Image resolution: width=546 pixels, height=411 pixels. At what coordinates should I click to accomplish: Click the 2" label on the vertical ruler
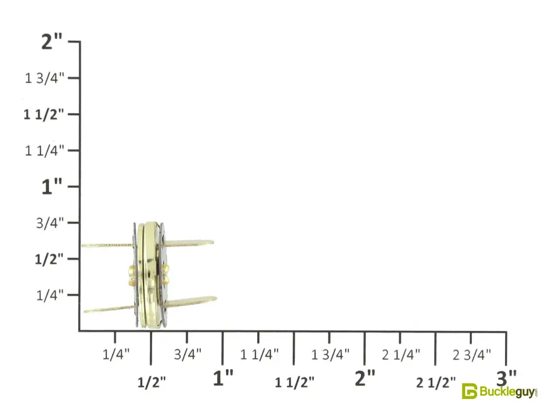click(51, 41)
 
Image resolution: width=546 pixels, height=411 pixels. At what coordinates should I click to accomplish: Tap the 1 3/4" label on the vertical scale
click(44, 78)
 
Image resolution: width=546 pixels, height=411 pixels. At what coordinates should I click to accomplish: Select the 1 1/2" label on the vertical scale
click(44, 115)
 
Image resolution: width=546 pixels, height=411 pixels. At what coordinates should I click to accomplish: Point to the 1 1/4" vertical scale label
click(44, 151)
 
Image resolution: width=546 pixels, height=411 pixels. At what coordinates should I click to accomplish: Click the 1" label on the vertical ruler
click(51, 187)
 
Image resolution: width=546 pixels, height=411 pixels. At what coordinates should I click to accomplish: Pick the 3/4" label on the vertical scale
click(50, 223)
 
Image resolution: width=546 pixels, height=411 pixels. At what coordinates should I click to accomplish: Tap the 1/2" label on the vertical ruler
click(49, 259)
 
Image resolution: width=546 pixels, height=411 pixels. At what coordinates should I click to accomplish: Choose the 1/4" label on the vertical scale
click(50, 295)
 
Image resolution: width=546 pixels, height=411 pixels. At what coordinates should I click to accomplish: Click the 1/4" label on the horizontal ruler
click(116, 354)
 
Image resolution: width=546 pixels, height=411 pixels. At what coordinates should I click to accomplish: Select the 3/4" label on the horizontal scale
click(188, 354)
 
